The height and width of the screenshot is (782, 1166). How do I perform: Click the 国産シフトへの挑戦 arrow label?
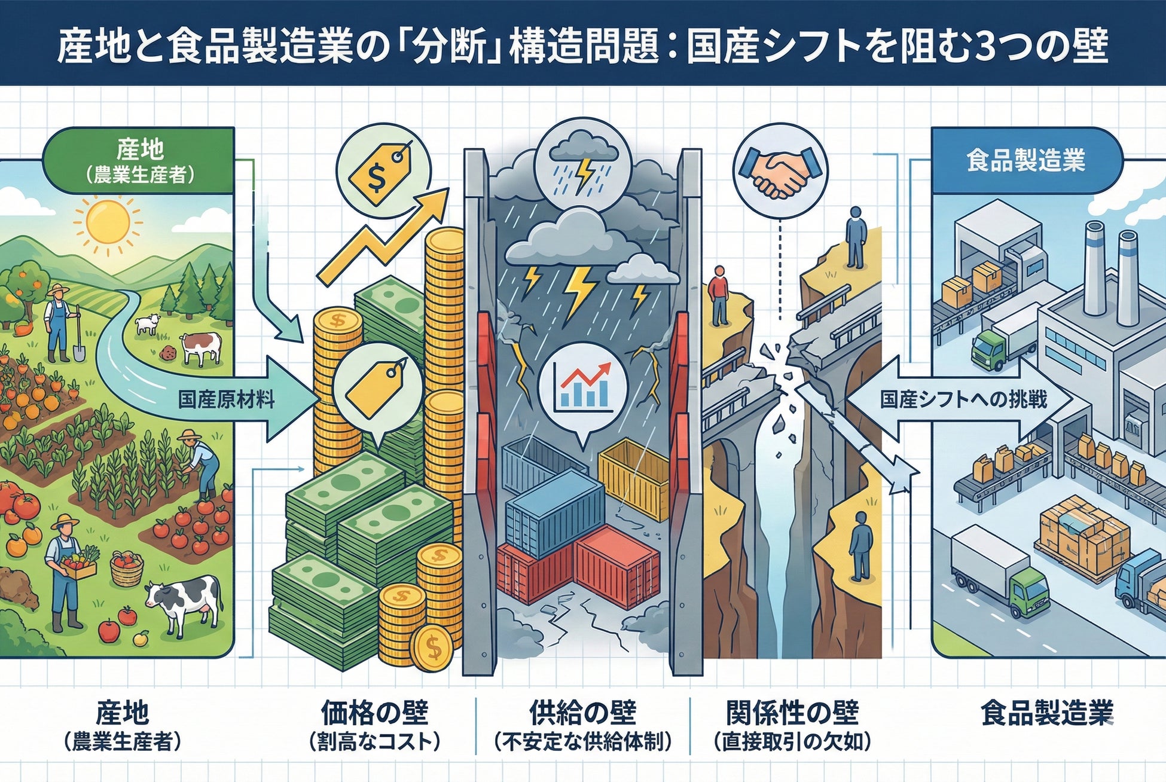tap(963, 399)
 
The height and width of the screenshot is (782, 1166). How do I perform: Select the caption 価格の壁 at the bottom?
tap(374, 713)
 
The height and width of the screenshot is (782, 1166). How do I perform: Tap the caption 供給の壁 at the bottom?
tap(583, 713)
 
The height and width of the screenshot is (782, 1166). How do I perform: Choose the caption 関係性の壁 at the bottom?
tap(792, 713)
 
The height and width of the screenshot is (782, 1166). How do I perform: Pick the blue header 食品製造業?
tap(1025, 160)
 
